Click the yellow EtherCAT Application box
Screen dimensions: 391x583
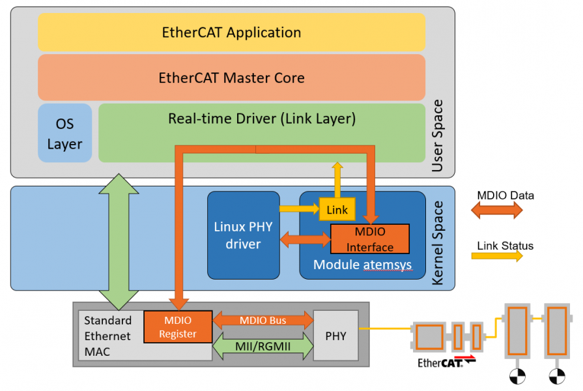(231, 32)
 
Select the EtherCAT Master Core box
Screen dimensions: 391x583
(231, 78)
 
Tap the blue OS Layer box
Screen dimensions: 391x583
(64, 133)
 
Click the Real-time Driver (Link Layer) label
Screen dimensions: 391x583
(262, 119)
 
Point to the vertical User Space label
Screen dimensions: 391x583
(438, 136)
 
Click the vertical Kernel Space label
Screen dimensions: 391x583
(438, 242)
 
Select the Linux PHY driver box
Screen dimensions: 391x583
(243, 235)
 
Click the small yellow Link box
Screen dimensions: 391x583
(337, 209)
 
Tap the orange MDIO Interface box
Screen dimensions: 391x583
(369, 239)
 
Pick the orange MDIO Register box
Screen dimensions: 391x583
(178, 326)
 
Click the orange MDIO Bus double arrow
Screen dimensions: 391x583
(263, 320)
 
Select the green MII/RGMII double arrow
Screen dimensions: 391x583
(263, 346)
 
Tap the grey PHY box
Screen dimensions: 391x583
(335, 336)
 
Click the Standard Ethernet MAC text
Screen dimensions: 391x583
(108, 336)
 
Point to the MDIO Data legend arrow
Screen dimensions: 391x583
(497, 210)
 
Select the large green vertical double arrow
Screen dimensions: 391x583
(119, 241)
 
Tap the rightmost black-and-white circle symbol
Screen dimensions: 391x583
(556, 375)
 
